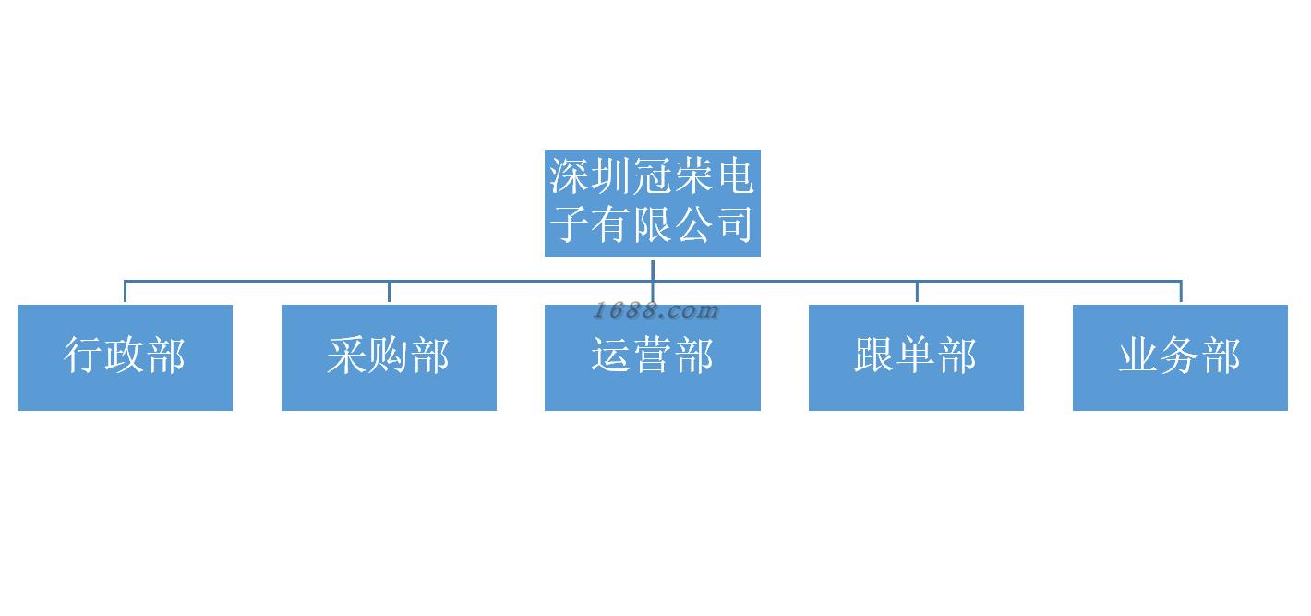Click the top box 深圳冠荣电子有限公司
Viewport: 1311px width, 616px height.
click(652, 202)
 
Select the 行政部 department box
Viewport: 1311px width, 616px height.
click(125, 357)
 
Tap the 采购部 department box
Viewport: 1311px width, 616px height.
click(389, 357)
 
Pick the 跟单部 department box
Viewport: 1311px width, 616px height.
click(916, 357)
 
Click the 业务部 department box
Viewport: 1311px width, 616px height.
click(1180, 357)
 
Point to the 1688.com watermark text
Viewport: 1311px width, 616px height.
click(655, 310)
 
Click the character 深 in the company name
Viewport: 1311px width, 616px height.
click(570, 176)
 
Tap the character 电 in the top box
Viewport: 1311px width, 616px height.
click(735, 176)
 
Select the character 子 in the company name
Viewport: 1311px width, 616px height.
click(570, 224)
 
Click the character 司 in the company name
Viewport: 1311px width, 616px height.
click(735, 224)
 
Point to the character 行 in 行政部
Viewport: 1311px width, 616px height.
click(84, 356)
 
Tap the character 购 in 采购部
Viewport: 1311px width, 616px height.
click(389, 356)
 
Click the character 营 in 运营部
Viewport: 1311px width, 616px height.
click(652, 356)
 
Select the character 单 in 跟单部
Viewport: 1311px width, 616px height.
click(916, 356)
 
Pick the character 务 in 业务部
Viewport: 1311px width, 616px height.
click(1180, 356)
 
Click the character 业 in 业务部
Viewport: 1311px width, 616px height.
click(1138, 356)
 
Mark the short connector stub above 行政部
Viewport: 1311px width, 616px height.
click(125, 292)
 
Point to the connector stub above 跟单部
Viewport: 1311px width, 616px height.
click(917, 292)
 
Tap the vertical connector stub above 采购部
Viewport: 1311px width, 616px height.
click(389, 292)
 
